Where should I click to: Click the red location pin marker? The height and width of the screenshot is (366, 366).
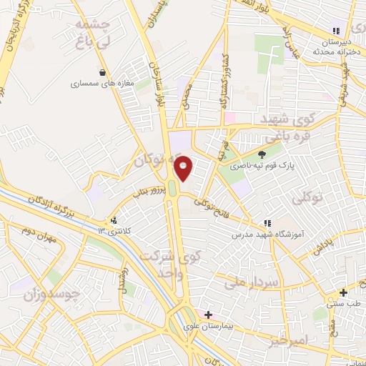[x=184, y=169]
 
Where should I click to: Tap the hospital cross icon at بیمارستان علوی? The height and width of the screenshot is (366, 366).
[x=208, y=315]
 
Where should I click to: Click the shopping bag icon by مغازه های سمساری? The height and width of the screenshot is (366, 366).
[x=104, y=72]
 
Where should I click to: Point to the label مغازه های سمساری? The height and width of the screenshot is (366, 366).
[x=97, y=84]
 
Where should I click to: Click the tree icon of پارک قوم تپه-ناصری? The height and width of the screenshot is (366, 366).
[x=262, y=153]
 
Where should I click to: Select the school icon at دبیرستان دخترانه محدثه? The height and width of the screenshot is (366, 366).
[x=334, y=30]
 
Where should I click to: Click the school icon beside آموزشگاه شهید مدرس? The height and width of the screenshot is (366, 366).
[x=268, y=224]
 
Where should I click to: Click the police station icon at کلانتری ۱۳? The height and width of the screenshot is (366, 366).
[x=114, y=221]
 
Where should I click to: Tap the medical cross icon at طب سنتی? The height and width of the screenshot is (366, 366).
[x=344, y=292]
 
